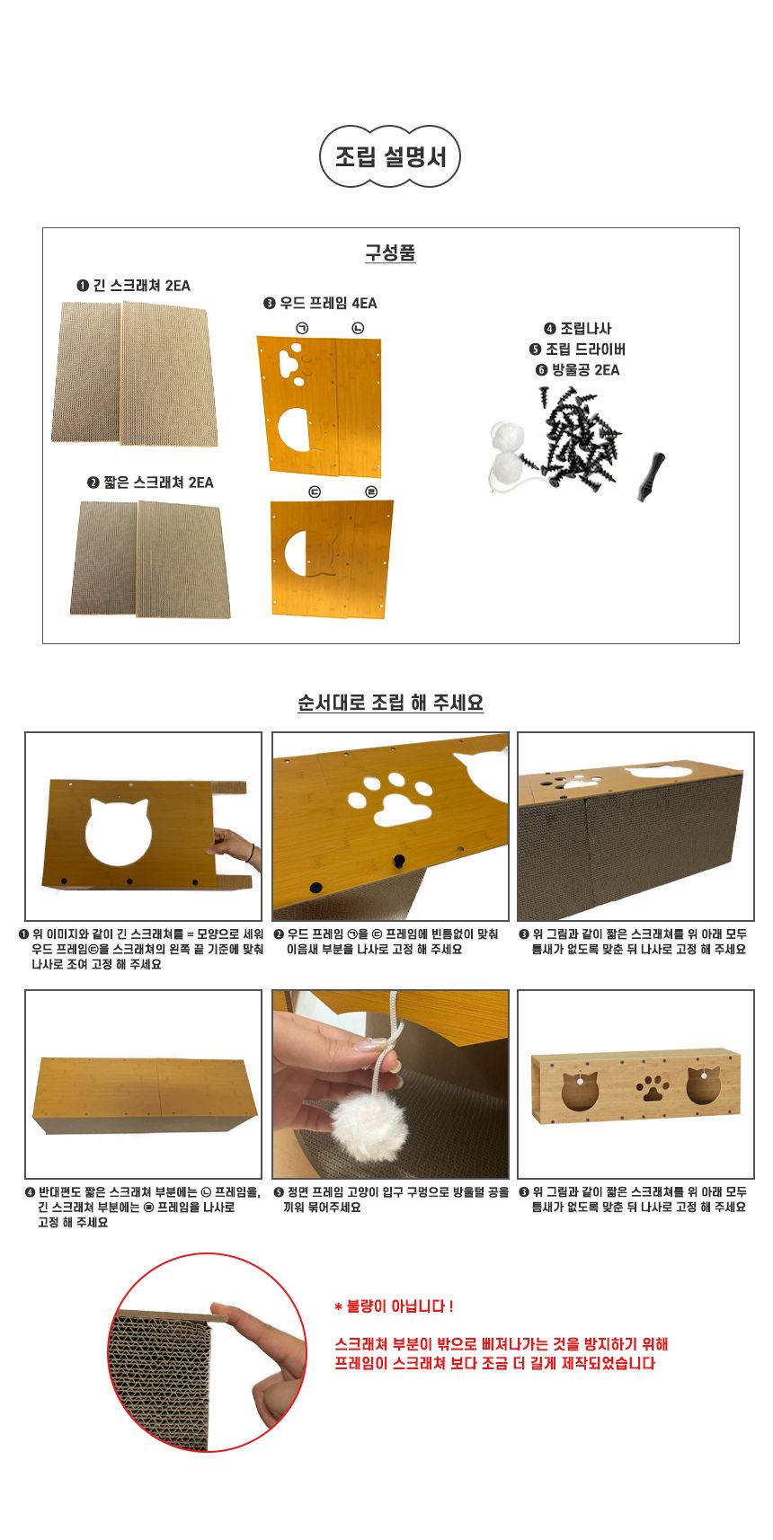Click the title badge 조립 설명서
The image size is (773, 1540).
click(390, 157)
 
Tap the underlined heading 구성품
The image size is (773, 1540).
click(390, 253)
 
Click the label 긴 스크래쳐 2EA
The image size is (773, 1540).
click(133, 286)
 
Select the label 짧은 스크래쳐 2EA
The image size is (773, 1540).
click(151, 482)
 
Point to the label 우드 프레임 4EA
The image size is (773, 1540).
click(321, 303)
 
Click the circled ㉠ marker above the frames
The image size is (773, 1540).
click(302, 329)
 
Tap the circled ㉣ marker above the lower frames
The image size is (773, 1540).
click(371, 491)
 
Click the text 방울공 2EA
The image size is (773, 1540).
click(578, 370)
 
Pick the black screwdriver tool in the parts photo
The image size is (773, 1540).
click(652, 476)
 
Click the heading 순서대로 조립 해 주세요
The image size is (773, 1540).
click(390, 703)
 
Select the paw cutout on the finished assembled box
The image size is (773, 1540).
click(652, 1088)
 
